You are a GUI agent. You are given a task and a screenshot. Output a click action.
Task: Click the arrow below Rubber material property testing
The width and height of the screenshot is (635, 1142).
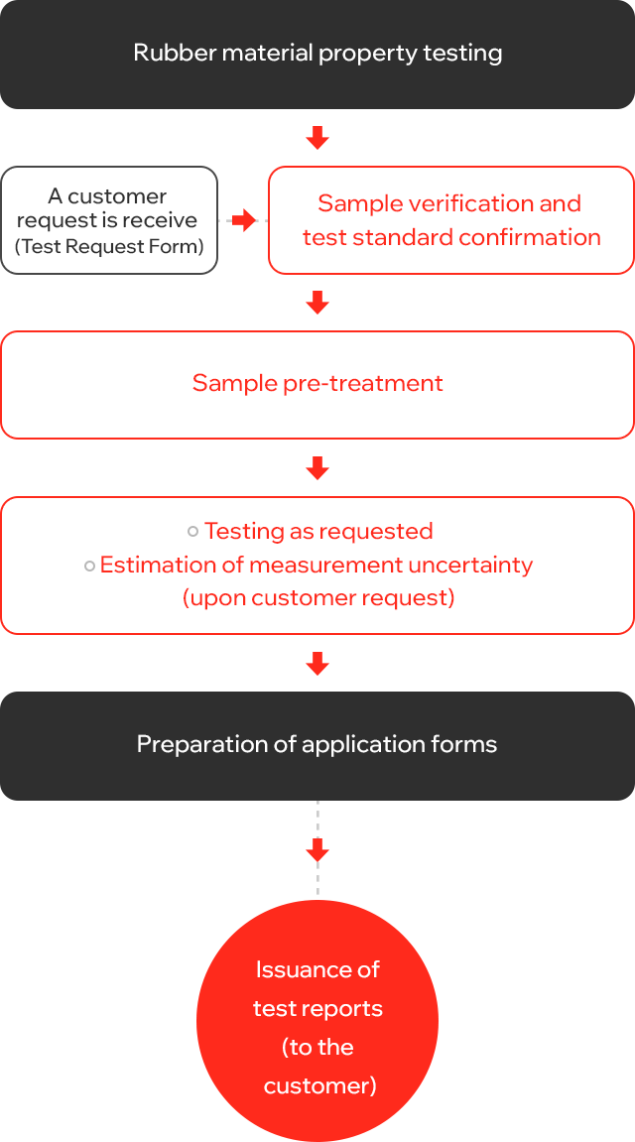317,138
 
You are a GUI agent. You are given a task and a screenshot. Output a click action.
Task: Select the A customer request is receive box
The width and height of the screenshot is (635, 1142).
109,220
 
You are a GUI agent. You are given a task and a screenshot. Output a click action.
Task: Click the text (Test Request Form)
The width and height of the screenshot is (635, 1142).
109,246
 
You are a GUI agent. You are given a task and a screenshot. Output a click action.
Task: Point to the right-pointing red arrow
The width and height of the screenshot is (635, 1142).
245,220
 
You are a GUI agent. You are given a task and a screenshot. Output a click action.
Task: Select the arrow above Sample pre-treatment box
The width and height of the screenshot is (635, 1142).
317,303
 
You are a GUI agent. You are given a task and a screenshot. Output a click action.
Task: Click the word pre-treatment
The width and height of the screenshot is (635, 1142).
363,384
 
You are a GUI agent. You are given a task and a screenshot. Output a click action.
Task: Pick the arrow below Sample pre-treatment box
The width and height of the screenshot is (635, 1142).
317,468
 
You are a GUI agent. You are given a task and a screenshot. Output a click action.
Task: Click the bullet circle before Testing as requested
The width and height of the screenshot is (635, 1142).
192,532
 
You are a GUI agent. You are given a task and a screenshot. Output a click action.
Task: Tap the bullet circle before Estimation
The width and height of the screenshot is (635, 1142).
89,566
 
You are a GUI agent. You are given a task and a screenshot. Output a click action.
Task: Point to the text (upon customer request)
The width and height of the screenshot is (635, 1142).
318,598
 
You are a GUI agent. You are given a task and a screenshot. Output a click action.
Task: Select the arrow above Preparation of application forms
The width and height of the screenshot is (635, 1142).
317,664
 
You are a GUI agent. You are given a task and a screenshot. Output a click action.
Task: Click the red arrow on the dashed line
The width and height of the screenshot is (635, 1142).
317,849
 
